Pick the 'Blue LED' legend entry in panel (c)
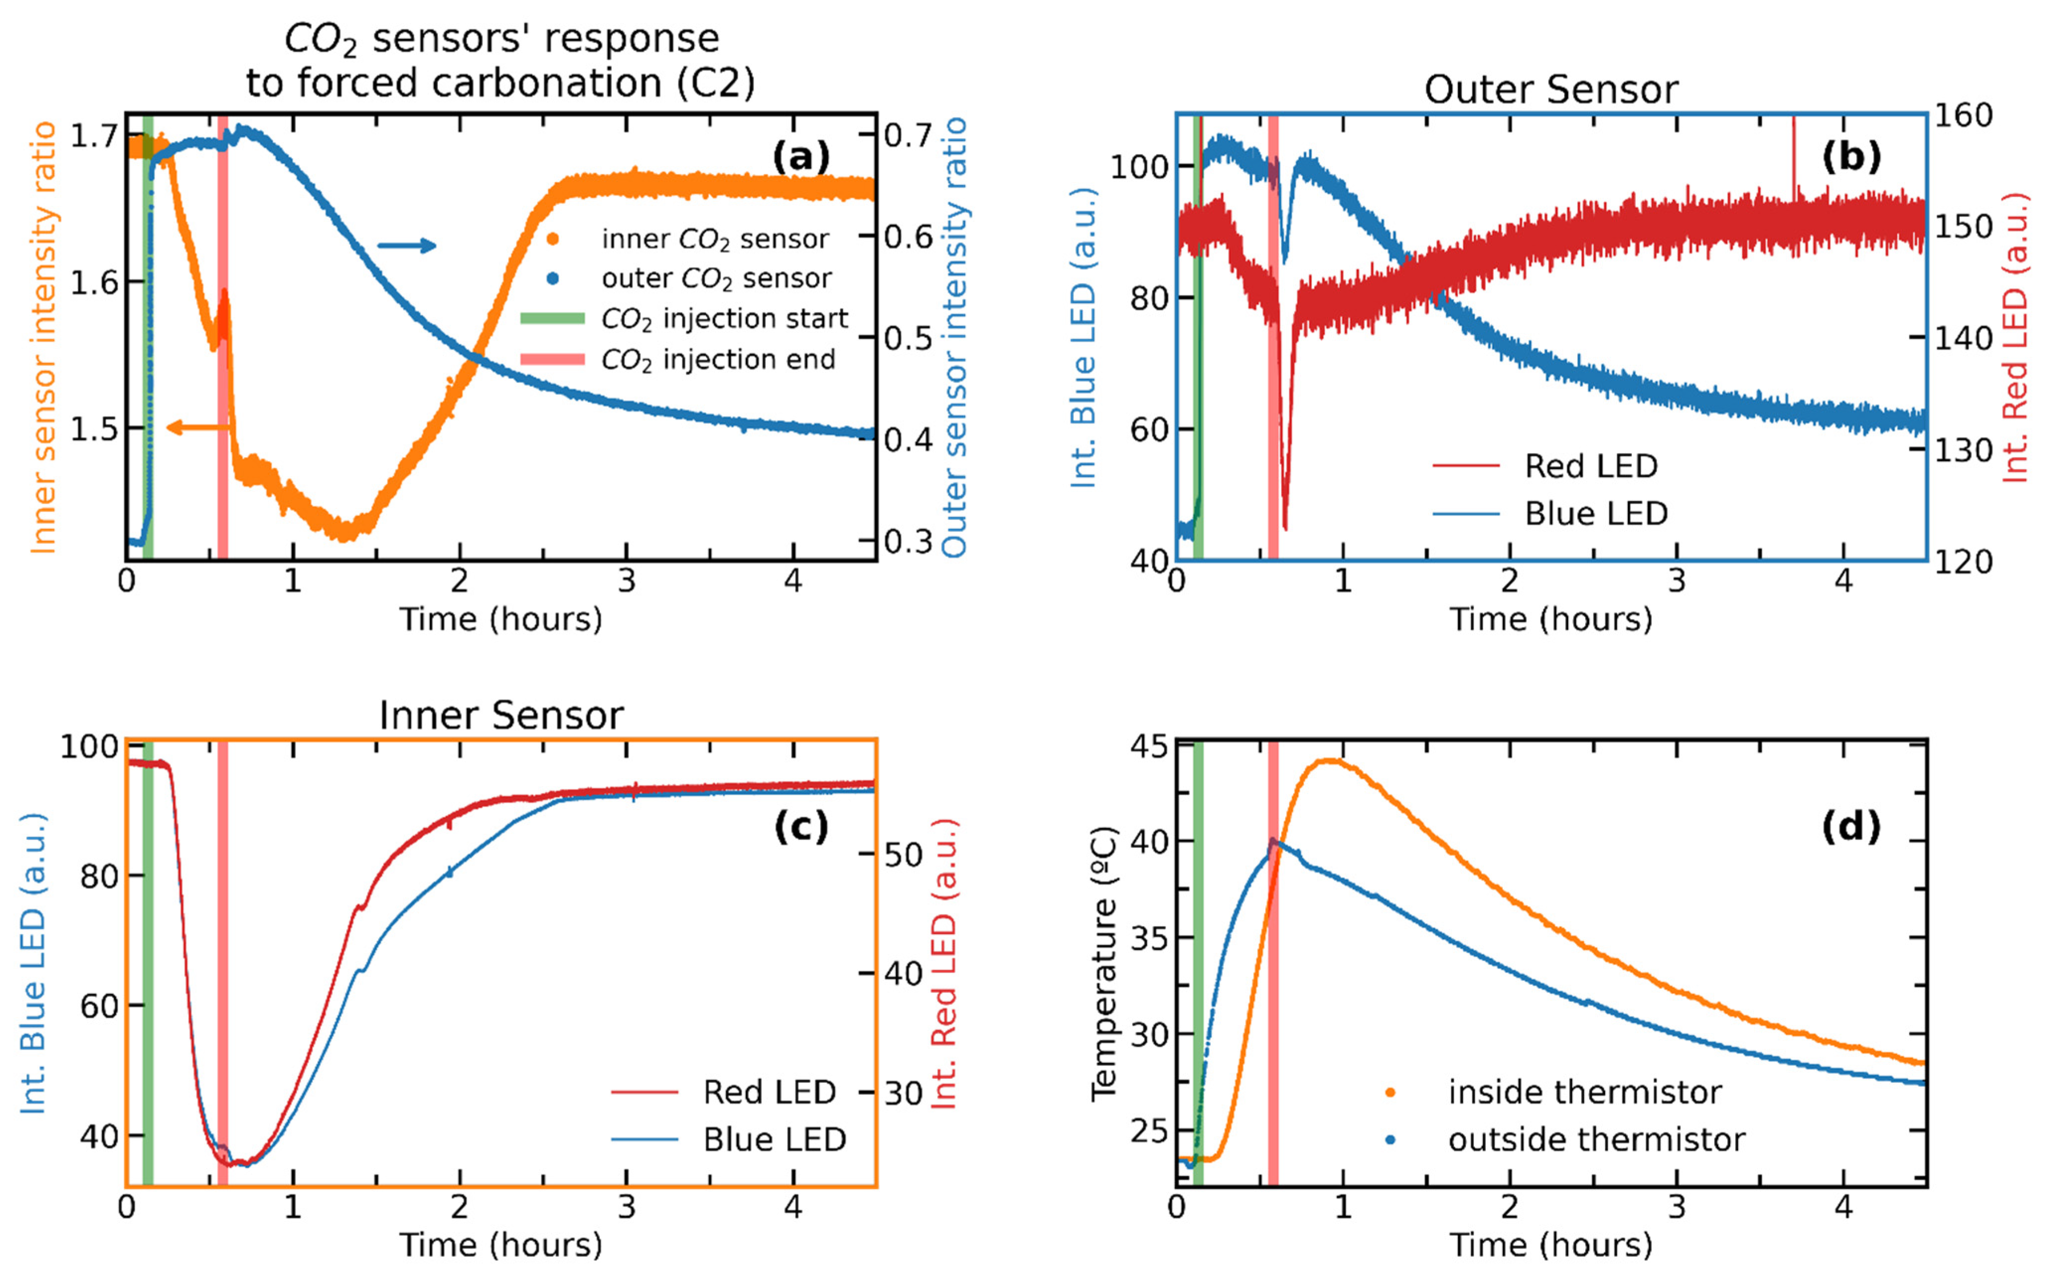(x=729, y=1139)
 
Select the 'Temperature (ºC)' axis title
(x=1104, y=964)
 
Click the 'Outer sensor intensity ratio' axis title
(x=953, y=337)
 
